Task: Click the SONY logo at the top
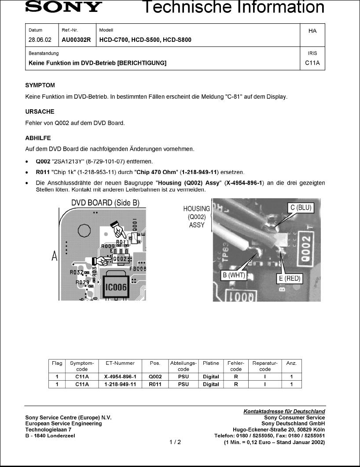pyautogui.click(x=63, y=7)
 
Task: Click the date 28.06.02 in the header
pyautogui.click(x=40, y=40)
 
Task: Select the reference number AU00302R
pyautogui.click(x=76, y=40)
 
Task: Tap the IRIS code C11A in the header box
pyautogui.click(x=312, y=63)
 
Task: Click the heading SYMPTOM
pyautogui.click(x=40, y=85)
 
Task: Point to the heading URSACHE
pyautogui.click(x=40, y=111)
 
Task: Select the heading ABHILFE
pyautogui.click(x=38, y=138)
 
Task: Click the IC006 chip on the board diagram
pyautogui.click(x=116, y=288)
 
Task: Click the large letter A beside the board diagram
pyautogui.click(x=55, y=256)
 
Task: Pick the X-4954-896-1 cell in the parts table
pyautogui.click(x=120, y=377)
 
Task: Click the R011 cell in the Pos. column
pyautogui.click(x=155, y=384)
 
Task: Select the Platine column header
pyautogui.click(x=211, y=363)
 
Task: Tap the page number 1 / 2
pyautogui.click(x=175, y=442)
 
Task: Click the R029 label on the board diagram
pyautogui.click(x=82, y=282)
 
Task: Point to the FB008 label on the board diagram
pyautogui.click(x=138, y=268)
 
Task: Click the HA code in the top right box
pyautogui.click(x=312, y=31)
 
